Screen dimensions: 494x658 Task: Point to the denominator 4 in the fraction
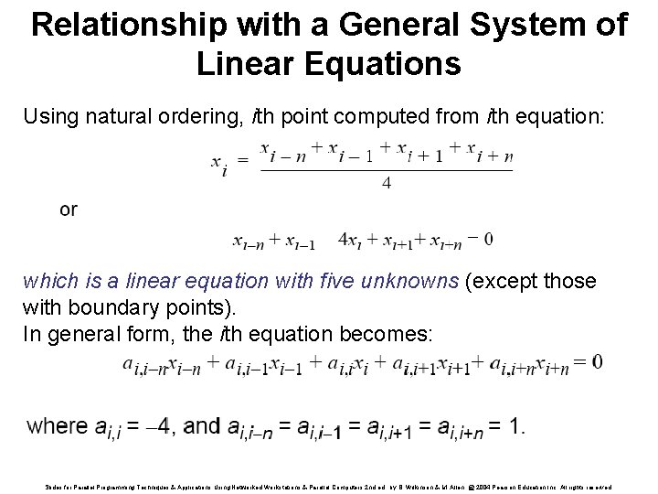coord(386,183)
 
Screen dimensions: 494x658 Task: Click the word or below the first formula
coord(69,209)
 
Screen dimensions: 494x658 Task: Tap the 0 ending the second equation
coord(488,240)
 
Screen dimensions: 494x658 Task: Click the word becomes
coord(388,334)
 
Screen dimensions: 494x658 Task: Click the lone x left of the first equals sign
coord(217,163)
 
